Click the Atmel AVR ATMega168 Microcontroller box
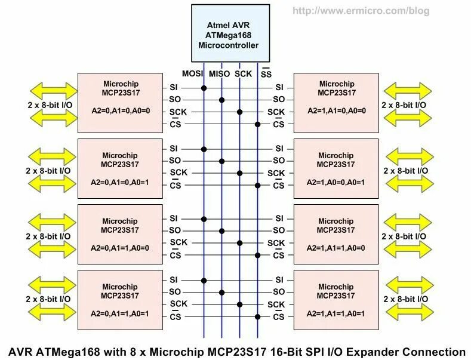pos(230,32)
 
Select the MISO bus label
pos(220,73)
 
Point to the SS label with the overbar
pos(266,74)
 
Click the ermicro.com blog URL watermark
pos(361,11)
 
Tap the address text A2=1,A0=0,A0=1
pos(336,182)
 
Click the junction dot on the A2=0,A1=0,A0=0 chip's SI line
pos(204,88)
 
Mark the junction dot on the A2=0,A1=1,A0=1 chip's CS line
pos(257,316)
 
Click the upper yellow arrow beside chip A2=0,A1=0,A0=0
pos(54,91)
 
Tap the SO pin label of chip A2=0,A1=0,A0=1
pos(174,161)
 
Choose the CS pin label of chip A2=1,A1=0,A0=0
pos(279,125)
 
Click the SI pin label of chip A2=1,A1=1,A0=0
pos(279,219)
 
